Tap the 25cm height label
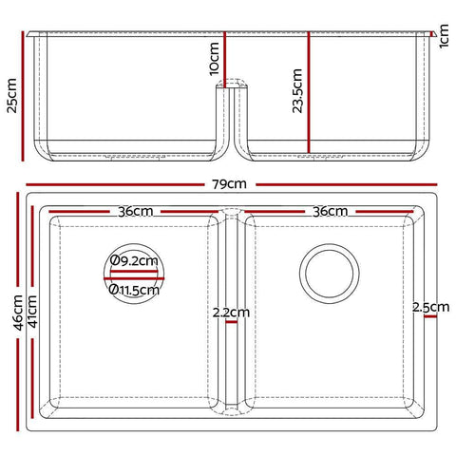point(12,94)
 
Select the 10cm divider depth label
point(214,58)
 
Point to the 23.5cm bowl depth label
point(296,90)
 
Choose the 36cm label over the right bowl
point(329,211)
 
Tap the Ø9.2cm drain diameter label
point(134,258)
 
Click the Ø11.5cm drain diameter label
point(134,290)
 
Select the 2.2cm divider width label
point(232,311)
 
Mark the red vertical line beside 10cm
point(224,57)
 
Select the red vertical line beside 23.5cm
point(308,90)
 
